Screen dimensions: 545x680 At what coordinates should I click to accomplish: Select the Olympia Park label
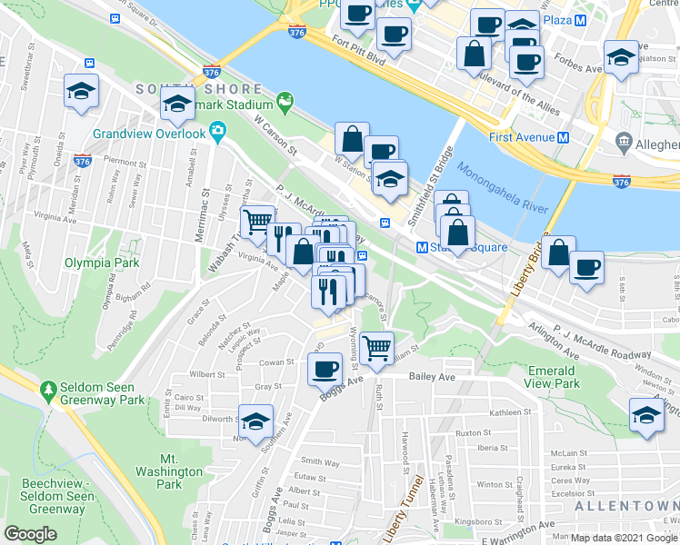pyautogui.click(x=95, y=263)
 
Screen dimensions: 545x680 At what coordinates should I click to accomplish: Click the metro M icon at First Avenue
pyautogui.click(x=563, y=137)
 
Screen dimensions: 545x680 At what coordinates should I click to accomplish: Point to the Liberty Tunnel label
pyautogui.click(x=403, y=509)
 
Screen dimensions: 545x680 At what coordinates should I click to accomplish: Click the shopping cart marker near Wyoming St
pyautogui.click(x=376, y=346)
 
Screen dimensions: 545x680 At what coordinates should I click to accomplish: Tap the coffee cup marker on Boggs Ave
pyautogui.click(x=325, y=368)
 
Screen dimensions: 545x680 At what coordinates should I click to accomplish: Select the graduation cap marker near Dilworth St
pyautogui.click(x=256, y=420)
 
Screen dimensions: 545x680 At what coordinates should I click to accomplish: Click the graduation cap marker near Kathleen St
pyautogui.click(x=645, y=415)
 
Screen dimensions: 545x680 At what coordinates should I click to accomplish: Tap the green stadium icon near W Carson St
pyautogui.click(x=285, y=98)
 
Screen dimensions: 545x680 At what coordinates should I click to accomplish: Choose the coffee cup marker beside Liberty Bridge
pyautogui.click(x=587, y=267)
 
